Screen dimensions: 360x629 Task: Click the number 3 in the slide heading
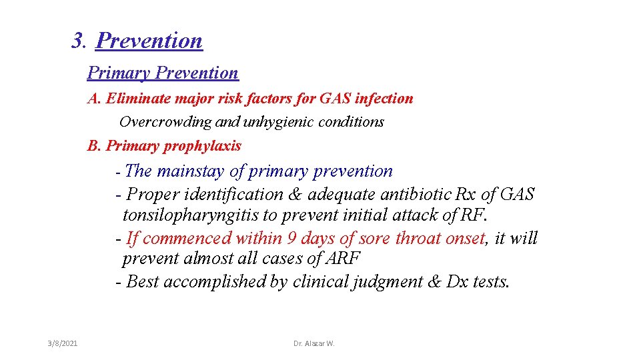[77, 41]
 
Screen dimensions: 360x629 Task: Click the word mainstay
[191, 171]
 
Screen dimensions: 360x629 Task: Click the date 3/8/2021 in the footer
[63, 343]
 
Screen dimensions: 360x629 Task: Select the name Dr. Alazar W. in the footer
[314, 343]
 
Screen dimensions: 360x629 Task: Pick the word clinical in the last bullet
[319, 281]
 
